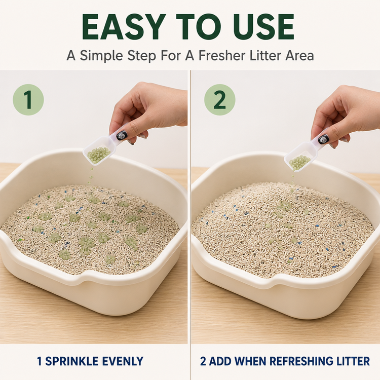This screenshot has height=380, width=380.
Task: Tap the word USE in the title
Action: (x=263, y=27)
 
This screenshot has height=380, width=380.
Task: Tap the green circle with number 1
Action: (x=28, y=100)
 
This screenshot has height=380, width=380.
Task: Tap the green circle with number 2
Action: (x=219, y=100)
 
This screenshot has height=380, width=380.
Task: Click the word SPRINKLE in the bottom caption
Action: (x=71, y=361)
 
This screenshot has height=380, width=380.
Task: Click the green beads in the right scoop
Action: (x=299, y=161)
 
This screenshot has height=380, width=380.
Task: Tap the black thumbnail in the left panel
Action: (x=120, y=136)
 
